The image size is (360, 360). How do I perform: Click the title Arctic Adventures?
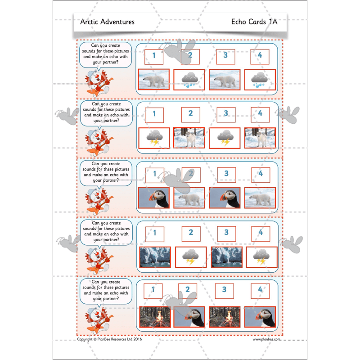[x=107, y=22]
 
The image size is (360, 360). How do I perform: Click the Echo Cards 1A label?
[x=254, y=22]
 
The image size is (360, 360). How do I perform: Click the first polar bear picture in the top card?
[x=154, y=79]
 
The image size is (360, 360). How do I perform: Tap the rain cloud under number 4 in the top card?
[x=260, y=79]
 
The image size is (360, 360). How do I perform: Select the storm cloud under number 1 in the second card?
[x=154, y=138]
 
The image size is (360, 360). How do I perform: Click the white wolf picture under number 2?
[x=189, y=138]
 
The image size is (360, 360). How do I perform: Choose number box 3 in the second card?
[x=226, y=114]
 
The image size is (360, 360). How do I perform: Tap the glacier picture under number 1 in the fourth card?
[x=155, y=257]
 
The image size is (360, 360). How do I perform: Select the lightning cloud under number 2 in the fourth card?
[x=190, y=257]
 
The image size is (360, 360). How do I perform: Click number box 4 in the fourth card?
[x=260, y=233]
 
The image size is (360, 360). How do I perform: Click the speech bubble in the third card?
[x=106, y=172]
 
